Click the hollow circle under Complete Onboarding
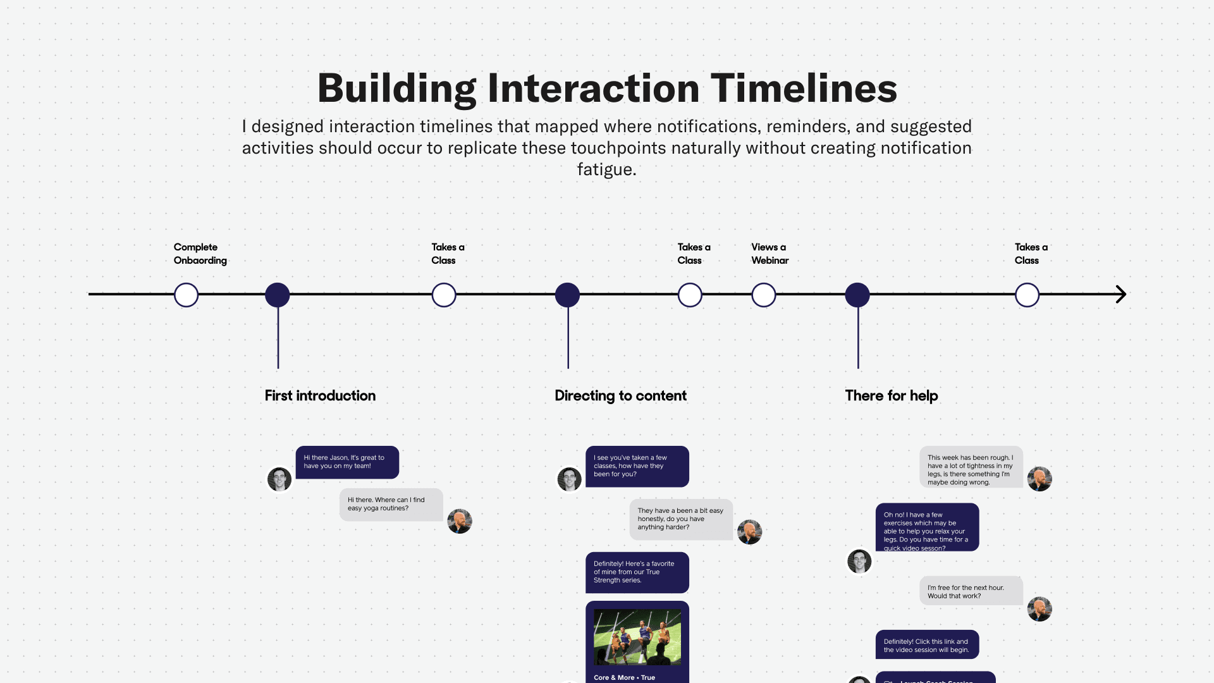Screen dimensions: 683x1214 pyautogui.click(x=186, y=295)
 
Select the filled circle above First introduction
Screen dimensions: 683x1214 pyautogui.click(x=277, y=295)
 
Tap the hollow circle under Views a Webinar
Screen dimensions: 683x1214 pyautogui.click(x=763, y=295)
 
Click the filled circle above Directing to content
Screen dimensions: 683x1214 pyautogui.click(x=567, y=295)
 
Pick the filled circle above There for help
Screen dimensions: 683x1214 pyautogui.click(x=857, y=295)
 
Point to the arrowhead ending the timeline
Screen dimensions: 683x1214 pyautogui.click(x=1120, y=294)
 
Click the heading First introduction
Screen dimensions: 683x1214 pyautogui.click(x=320, y=396)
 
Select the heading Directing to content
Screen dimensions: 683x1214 pyautogui.click(x=620, y=396)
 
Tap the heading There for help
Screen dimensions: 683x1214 pyautogui.click(x=891, y=396)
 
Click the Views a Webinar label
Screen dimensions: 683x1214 pyautogui.click(x=769, y=254)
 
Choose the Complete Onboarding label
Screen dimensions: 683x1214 pyautogui.click(x=200, y=254)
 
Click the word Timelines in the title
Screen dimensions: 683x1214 pyautogui.click(x=804, y=89)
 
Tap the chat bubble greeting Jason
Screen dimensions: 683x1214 pyautogui.click(x=347, y=462)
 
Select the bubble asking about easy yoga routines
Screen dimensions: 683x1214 pyautogui.click(x=391, y=505)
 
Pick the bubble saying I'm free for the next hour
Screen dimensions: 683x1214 pyautogui.click(x=971, y=591)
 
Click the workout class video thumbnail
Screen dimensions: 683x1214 pyautogui.click(x=637, y=637)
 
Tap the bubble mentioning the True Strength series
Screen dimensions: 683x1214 pyautogui.click(x=637, y=572)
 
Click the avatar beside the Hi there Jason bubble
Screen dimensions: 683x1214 pyautogui.click(x=279, y=479)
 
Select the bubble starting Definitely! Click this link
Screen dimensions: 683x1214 pyautogui.click(x=927, y=645)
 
